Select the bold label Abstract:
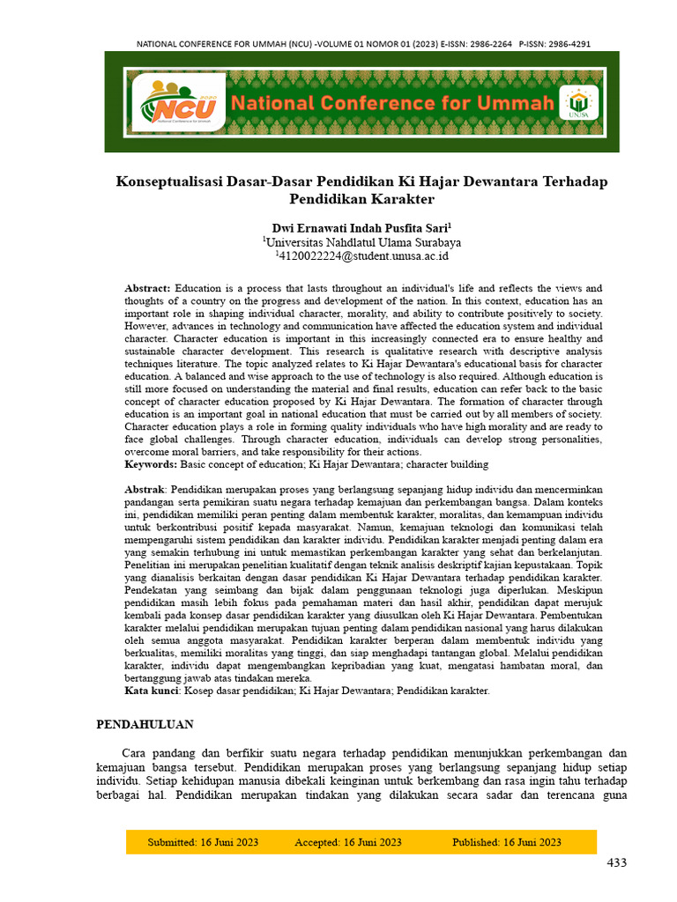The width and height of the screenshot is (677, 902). click(148, 288)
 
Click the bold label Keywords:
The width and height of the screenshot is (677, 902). click(151, 464)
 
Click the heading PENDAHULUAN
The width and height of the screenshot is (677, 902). click(145, 724)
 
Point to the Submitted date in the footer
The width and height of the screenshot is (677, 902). click(203, 842)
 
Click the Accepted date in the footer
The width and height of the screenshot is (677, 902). click(348, 842)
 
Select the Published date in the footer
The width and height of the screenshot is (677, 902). click(507, 842)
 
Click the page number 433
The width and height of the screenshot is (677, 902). click(616, 862)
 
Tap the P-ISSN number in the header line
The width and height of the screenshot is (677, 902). click(565, 43)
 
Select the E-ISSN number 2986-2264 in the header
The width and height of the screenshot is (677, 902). click(488, 43)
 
